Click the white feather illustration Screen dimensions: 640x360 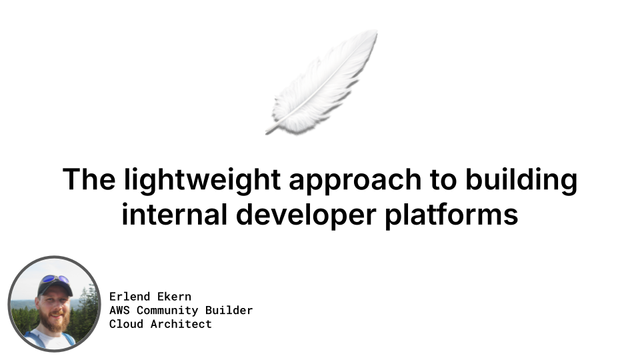[x=321, y=81]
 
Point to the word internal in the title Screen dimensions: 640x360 [x=174, y=214]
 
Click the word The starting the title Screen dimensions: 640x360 [x=89, y=179]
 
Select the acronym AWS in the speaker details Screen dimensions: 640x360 [x=119, y=310]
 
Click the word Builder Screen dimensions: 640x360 [x=229, y=310]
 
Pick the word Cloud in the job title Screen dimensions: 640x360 [x=126, y=324]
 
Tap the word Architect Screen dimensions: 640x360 [x=181, y=324]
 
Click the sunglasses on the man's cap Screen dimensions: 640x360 [x=55, y=279]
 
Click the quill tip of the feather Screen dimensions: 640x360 [x=267, y=133]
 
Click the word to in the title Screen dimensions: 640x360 [x=443, y=181]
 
